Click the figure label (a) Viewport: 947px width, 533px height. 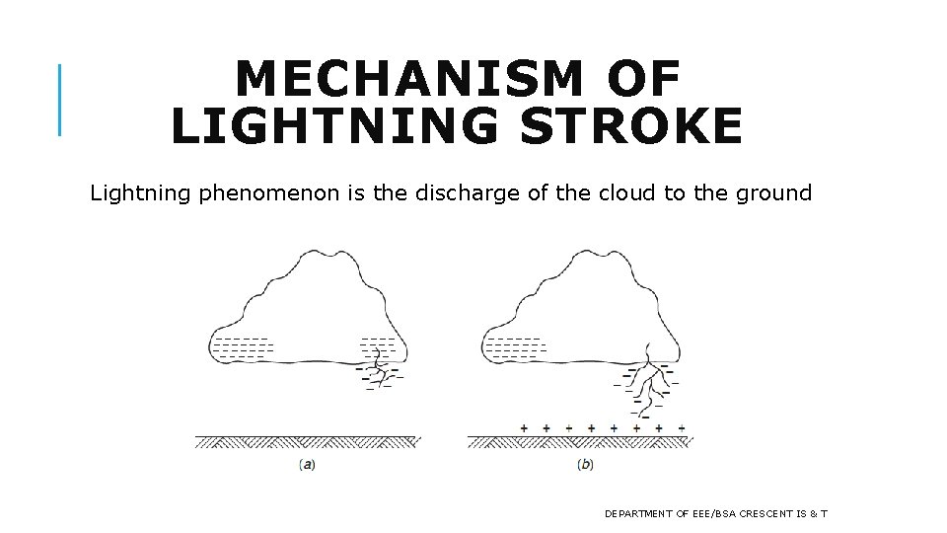point(308,464)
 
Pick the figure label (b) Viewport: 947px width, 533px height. point(584,464)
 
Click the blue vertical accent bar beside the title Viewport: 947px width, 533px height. point(59,99)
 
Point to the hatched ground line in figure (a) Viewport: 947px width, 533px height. point(307,441)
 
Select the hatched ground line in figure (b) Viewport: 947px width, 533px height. point(580,441)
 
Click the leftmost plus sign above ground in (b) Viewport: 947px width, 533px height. point(524,427)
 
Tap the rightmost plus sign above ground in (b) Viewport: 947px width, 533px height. point(682,427)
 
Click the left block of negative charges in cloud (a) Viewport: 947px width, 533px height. point(243,346)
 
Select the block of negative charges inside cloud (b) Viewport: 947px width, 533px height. point(514,346)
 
